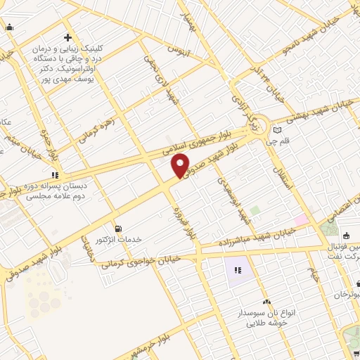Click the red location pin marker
point(181,165)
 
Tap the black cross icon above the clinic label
point(67,37)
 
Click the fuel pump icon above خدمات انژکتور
point(117,228)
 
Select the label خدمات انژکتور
point(118,240)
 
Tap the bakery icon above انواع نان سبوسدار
point(265,302)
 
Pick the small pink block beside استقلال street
point(301,220)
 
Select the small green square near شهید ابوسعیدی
point(255,210)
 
